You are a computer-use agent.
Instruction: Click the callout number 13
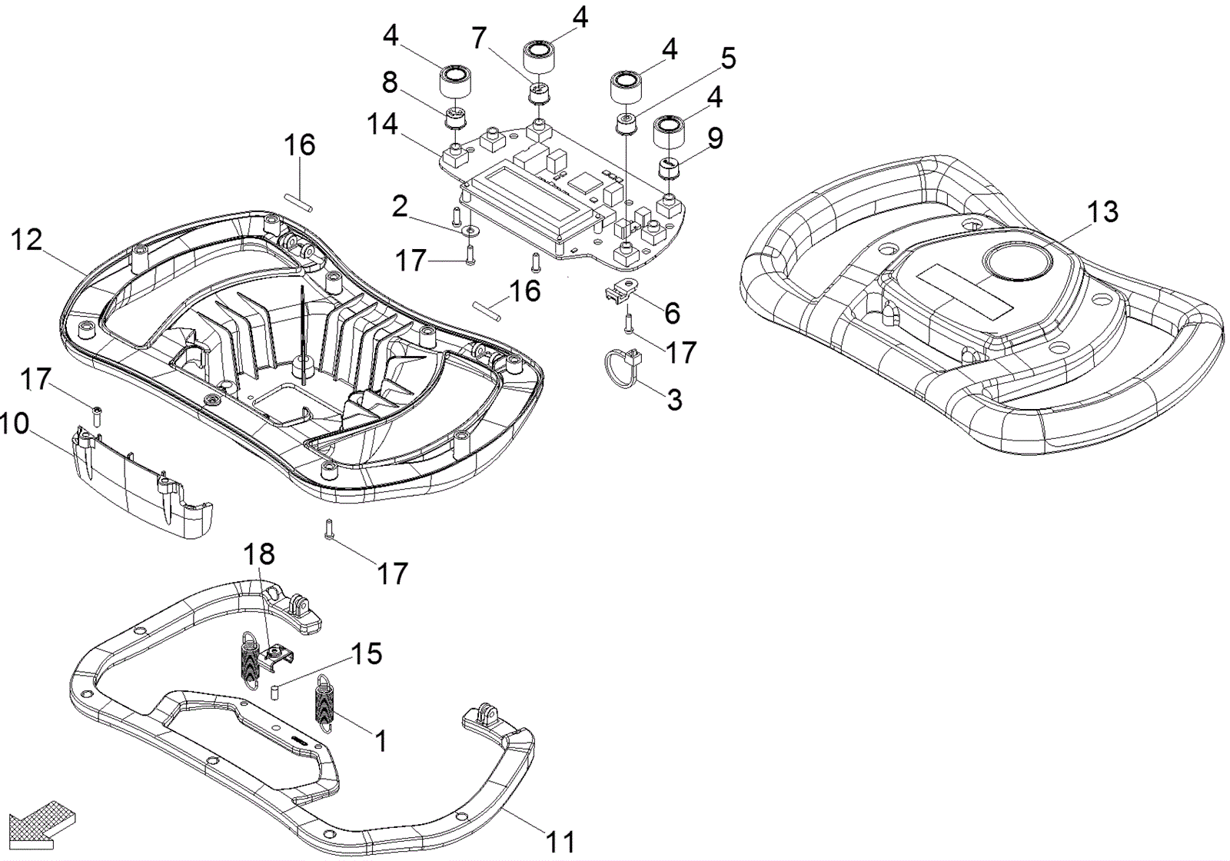coord(1102,211)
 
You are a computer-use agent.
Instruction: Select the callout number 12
coord(26,240)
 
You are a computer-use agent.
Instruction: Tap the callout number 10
coord(15,424)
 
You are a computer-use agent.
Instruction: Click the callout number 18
coord(259,554)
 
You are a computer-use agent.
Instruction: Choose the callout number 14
coord(382,124)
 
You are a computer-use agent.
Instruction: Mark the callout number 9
coord(715,138)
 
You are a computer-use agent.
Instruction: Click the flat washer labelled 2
coord(470,229)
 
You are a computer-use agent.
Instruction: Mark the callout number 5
coord(726,58)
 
